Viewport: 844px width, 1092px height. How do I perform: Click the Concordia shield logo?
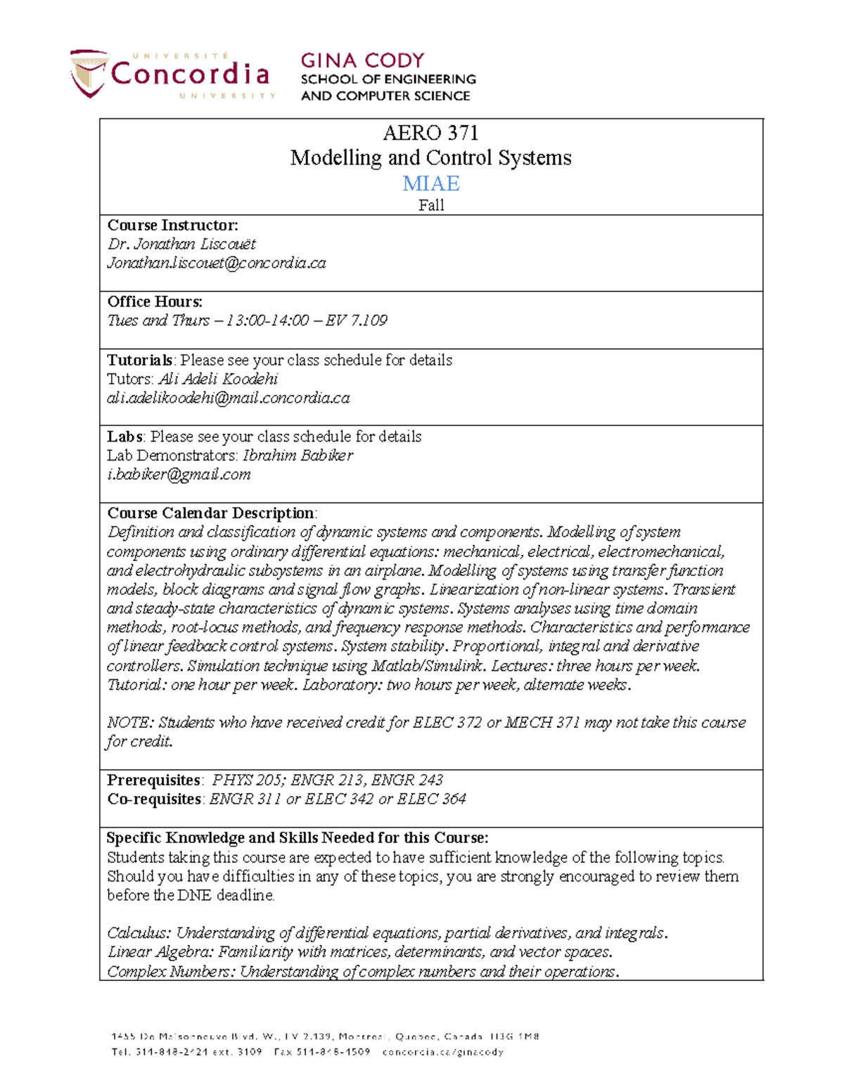click(x=89, y=73)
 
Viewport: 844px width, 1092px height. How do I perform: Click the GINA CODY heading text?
click(x=362, y=60)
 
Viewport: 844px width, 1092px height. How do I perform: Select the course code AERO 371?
click(x=430, y=133)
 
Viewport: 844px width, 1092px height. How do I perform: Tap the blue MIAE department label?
click(x=430, y=184)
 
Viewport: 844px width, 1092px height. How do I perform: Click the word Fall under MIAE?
click(x=430, y=205)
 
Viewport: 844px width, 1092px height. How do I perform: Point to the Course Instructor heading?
click(x=172, y=225)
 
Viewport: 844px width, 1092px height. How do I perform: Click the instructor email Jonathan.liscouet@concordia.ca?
click(x=216, y=263)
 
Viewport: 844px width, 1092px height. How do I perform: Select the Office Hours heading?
click(x=155, y=302)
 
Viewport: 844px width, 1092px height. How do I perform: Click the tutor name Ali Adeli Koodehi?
click(x=218, y=379)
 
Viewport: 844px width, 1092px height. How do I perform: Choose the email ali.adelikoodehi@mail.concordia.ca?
click(x=228, y=398)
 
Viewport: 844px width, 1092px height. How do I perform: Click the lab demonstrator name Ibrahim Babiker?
click(x=298, y=456)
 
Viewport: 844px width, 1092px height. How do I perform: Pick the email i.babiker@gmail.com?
click(x=179, y=475)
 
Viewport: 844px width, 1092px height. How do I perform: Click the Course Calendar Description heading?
click(x=210, y=513)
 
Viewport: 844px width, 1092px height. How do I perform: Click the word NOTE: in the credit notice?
click(x=130, y=723)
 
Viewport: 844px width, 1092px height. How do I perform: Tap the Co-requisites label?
click(x=154, y=799)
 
